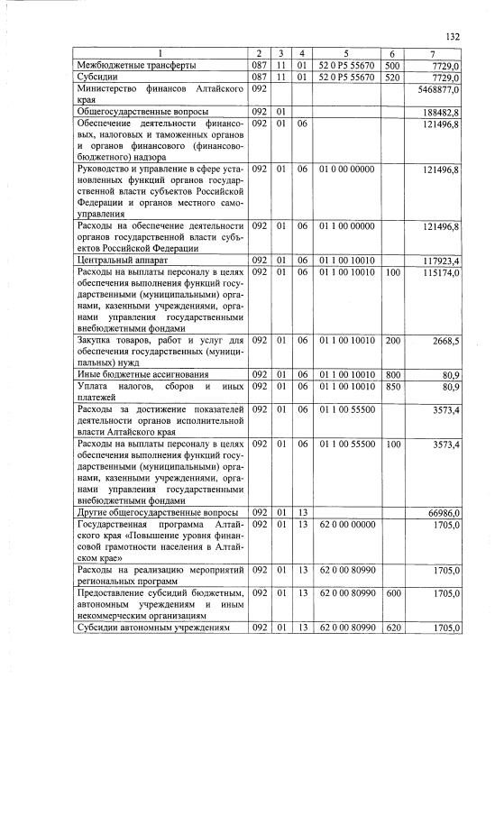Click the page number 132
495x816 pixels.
click(x=453, y=37)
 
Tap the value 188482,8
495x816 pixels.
click(x=442, y=111)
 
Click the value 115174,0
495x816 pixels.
click(x=442, y=272)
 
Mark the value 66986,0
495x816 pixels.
click(x=444, y=512)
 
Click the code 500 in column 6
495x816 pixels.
click(x=391, y=67)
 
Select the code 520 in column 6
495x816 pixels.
click(x=391, y=78)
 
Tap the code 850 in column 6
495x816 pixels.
click(x=391, y=387)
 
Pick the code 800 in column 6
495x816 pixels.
click(x=391, y=373)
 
